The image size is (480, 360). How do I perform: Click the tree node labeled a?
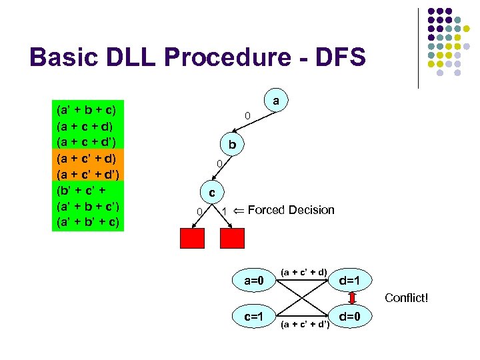[276, 101]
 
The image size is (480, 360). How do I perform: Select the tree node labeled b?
[232, 145]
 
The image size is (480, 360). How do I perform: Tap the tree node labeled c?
[212, 193]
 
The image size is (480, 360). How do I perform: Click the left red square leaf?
[192, 237]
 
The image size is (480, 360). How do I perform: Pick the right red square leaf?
[233, 237]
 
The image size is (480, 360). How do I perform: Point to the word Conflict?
[407, 298]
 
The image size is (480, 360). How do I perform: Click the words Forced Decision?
[291, 210]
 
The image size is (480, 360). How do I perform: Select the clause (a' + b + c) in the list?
[87, 109]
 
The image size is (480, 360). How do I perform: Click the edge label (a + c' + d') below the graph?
[305, 324]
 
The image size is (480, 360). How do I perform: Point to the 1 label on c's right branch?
[225, 211]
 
